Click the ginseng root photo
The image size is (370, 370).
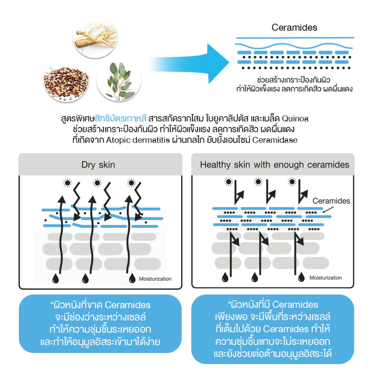pos(95,36)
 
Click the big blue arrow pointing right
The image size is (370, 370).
pos(189,64)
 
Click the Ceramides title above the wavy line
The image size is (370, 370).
pos(294,27)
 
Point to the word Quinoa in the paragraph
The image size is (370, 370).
pos(295,119)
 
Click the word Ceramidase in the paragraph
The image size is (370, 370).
pos(275,140)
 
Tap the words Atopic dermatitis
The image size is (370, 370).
pos(138,140)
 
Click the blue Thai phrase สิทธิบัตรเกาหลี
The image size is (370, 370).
pos(120,118)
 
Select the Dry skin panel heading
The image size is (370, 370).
pos(98,165)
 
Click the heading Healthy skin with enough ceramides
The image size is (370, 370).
pos(275,165)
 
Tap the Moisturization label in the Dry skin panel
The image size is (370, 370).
pos(155,279)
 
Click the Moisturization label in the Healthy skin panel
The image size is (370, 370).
pos(326,277)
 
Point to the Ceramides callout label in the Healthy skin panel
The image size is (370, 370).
pos(331,201)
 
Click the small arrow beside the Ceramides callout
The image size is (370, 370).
pos(328,210)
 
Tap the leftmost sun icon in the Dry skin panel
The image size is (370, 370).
pos(68,183)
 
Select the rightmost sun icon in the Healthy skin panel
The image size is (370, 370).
pos(292,182)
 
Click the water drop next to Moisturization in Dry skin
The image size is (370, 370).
pos(132,278)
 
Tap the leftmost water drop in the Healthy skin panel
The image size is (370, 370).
pos(225,277)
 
